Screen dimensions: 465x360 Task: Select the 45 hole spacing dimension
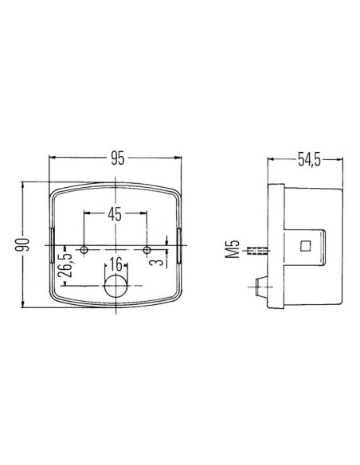coord(114,213)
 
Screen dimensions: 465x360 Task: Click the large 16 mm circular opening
coord(115,288)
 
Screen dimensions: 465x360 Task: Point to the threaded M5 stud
coord(256,252)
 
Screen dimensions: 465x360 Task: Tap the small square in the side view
coord(306,246)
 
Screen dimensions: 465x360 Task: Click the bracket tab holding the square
coord(311,246)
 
